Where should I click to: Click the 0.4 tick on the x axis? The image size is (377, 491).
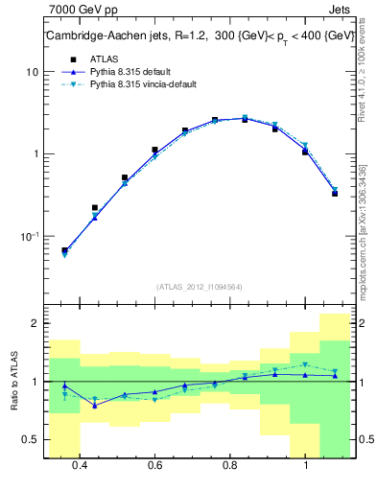click(x=80, y=466)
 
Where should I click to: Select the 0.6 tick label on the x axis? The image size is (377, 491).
click(x=154, y=466)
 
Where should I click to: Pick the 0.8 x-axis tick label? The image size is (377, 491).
click(x=230, y=466)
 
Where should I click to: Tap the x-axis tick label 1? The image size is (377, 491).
click(x=305, y=466)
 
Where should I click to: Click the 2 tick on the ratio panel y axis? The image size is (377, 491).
click(x=35, y=324)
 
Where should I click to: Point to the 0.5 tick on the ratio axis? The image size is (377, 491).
click(x=32, y=440)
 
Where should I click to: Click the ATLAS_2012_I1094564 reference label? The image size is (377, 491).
click(x=198, y=286)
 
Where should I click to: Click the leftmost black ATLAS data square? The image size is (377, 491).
click(x=64, y=250)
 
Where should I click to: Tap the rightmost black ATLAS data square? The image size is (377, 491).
click(x=335, y=194)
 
